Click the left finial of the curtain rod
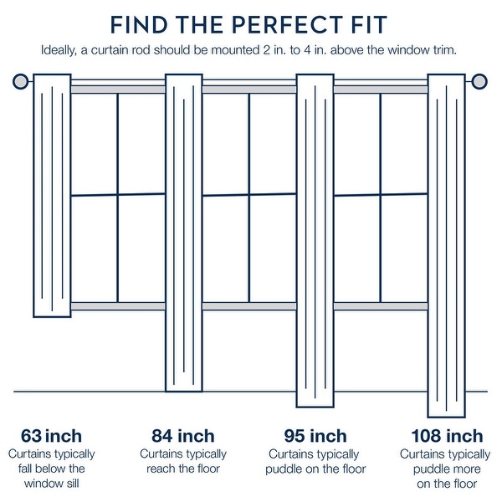(22, 81)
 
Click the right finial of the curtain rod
(479, 81)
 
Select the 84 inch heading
(183, 436)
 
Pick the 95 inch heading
(315, 436)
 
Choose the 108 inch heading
(447, 436)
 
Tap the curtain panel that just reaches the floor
(184, 234)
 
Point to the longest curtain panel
(447, 247)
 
